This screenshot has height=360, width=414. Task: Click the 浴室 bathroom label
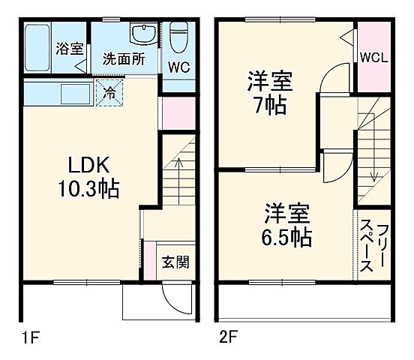(69, 49)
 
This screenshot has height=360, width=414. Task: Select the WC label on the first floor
(178, 67)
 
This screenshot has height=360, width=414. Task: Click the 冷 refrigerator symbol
(110, 94)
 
